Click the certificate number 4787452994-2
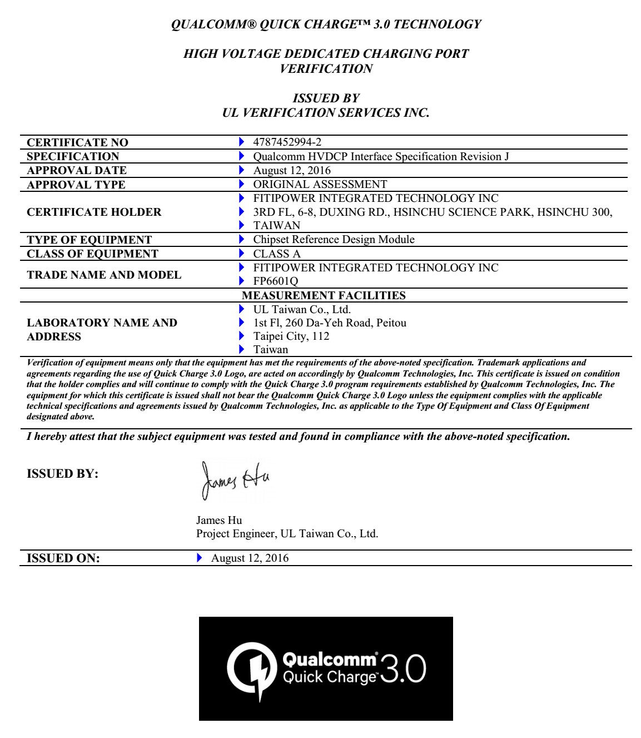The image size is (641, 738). [x=287, y=142]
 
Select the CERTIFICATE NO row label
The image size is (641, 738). [x=77, y=143]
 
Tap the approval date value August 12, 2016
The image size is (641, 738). [x=292, y=170]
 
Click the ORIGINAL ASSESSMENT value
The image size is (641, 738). [x=320, y=184]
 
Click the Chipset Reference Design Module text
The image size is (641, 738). [x=334, y=240]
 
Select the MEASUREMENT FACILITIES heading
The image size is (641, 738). [x=324, y=295]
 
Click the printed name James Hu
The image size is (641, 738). [x=219, y=521]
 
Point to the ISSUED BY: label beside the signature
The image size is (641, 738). [x=62, y=474]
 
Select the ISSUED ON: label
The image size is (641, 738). [x=63, y=558]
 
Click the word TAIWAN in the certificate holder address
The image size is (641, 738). [x=276, y=226]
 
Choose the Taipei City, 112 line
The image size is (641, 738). [x=291, y=336]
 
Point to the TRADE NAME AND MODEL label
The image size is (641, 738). [x=104, y=275]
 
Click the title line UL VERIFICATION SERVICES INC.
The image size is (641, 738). [x=325, y=113]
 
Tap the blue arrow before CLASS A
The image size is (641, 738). [x=241, y=254]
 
